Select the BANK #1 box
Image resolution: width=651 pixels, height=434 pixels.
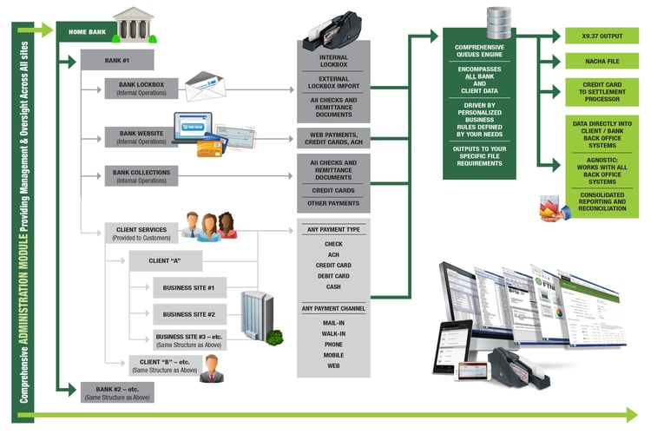point(116,60)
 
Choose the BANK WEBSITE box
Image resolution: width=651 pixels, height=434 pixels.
point(141,137)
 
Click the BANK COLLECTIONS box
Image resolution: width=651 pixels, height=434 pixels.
point(141,176)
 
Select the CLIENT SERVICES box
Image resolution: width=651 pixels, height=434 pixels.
point(141,232)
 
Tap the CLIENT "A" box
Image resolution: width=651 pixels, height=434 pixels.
point(164,260)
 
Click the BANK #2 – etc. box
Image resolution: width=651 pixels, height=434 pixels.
point(116,391)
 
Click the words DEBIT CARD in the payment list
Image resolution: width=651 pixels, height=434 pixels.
point(333,276)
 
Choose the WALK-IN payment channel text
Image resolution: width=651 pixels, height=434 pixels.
point(333,332)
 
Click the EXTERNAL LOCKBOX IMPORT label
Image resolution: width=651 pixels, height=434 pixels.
point(333,83)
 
